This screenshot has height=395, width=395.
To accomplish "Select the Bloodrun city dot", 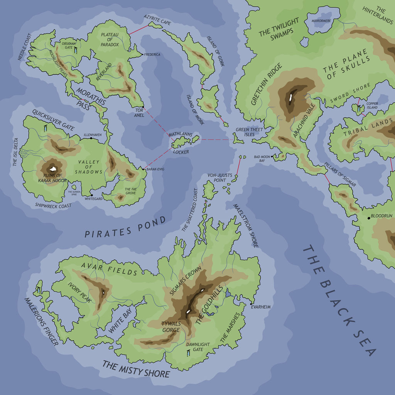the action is tap(369, 218).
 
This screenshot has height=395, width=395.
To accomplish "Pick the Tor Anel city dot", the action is tap(143, 107).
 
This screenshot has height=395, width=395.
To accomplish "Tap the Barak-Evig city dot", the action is tap(143, 169).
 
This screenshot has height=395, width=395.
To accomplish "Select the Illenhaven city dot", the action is tap(91, 138).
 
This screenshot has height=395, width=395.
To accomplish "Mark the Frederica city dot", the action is tap(142, 54).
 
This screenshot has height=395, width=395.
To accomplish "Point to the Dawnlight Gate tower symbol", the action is tap(188, 353).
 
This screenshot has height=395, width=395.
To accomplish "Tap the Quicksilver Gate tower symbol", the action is tap(46, 128).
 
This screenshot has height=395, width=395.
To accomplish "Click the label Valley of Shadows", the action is tap(89, 167).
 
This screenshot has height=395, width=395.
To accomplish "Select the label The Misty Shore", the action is tap(136, 369).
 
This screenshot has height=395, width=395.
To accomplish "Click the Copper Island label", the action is tap(372, 105).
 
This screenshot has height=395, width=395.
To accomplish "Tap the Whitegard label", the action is tap(94, 199).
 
